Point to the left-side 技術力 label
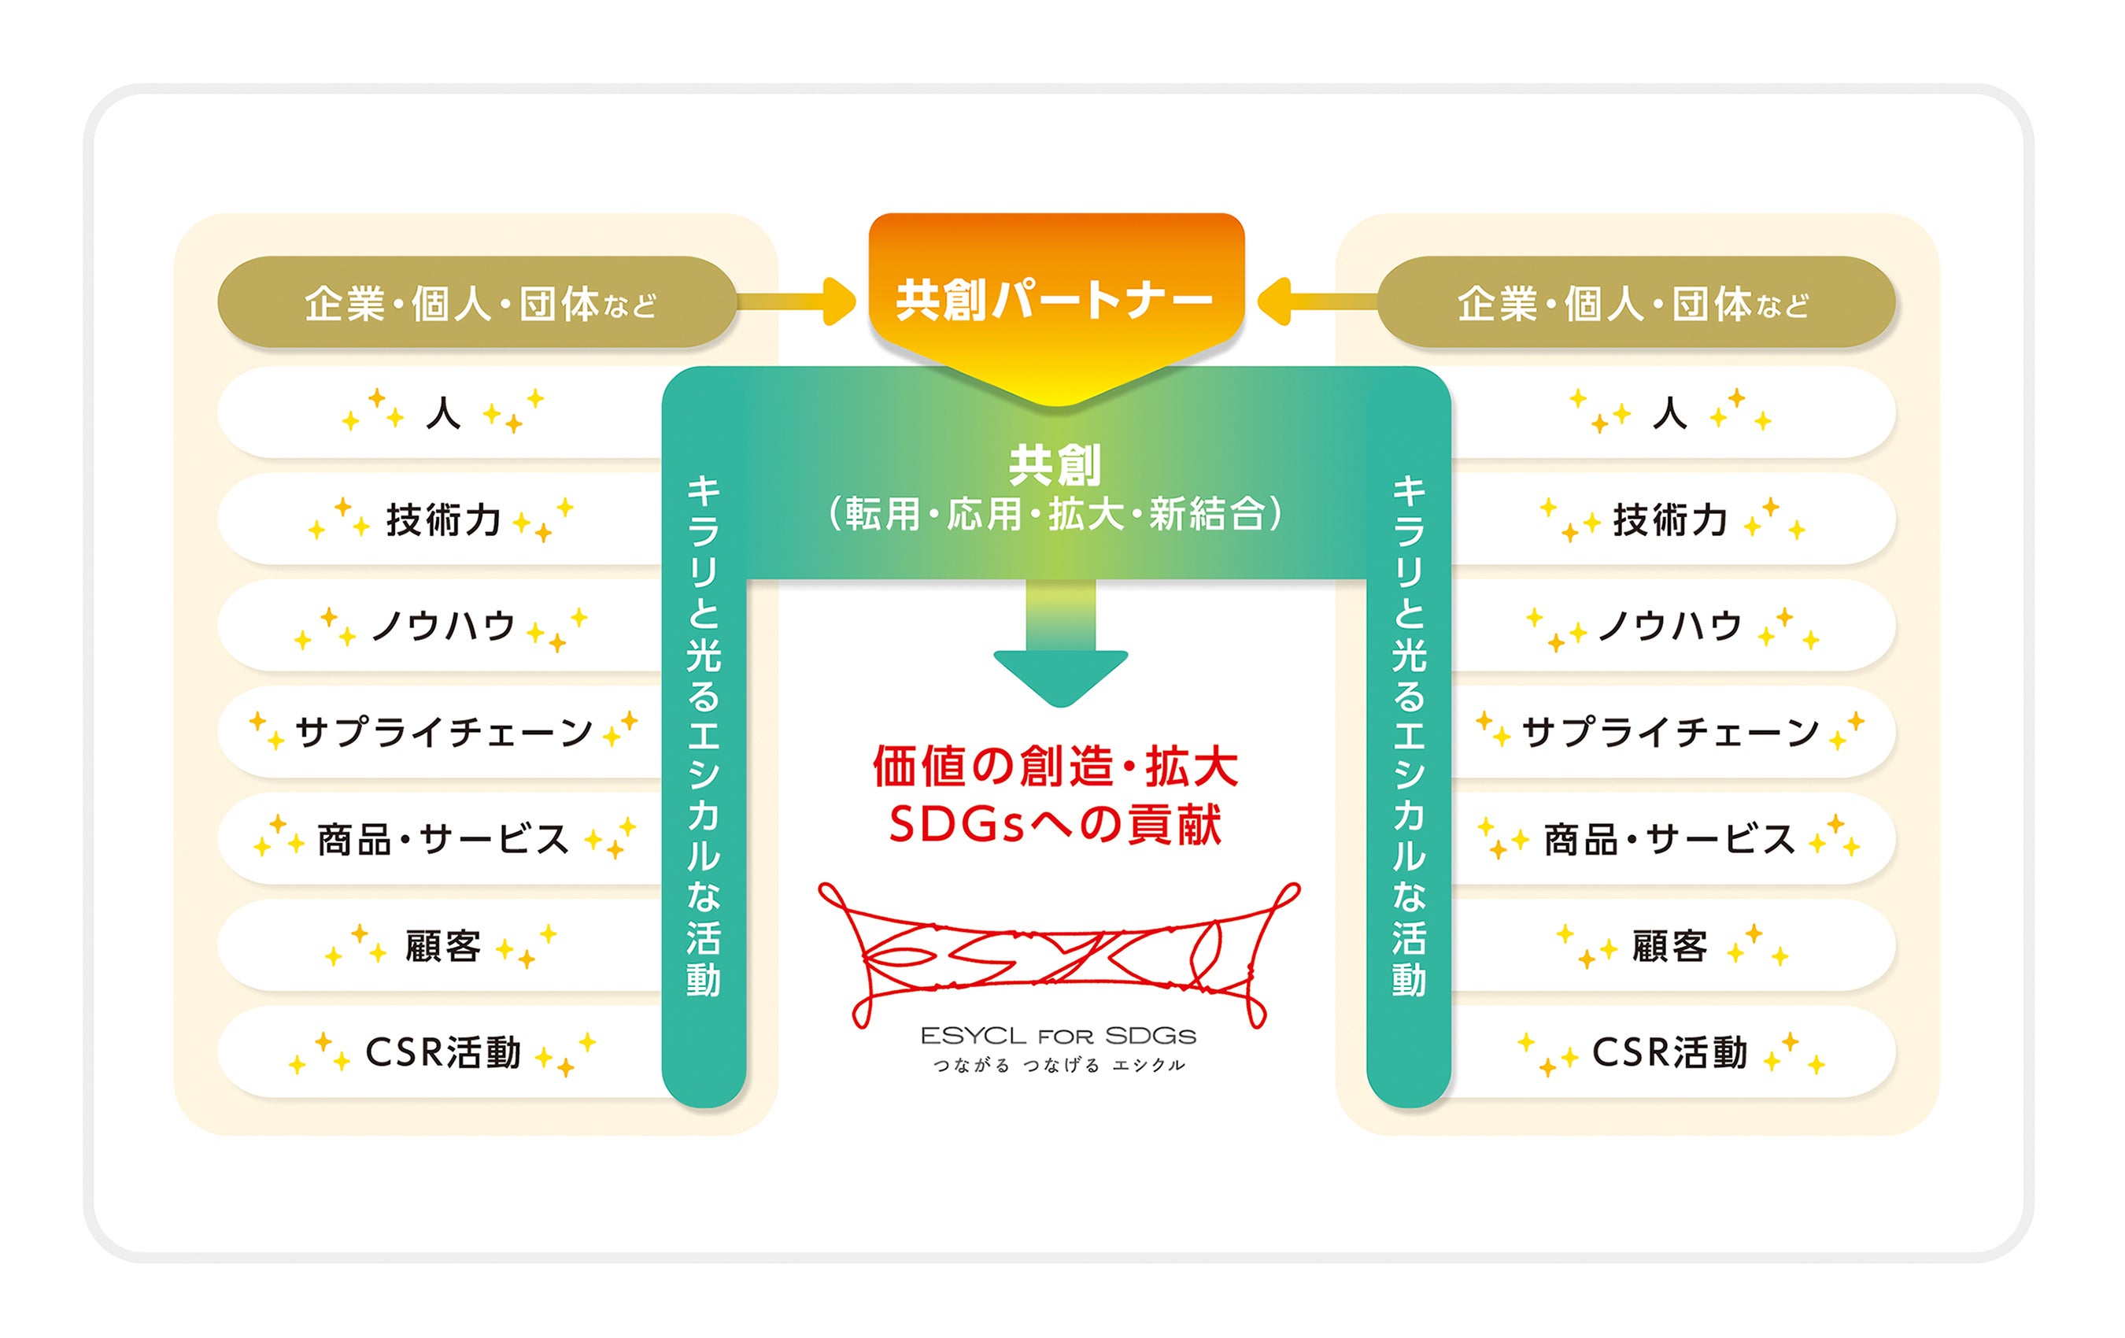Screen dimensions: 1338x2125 coord(443,519)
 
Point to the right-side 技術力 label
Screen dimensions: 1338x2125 coord(1669,519)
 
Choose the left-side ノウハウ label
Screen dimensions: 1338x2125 coord(443,626)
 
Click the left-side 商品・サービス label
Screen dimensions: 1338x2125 coord(443,839)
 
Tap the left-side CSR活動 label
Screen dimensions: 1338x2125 coord(443,1052)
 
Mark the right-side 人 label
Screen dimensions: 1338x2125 coord(1669,412)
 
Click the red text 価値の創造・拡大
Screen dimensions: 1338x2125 coord(1055,766)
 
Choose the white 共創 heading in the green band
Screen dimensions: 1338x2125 coord(1055,465)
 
